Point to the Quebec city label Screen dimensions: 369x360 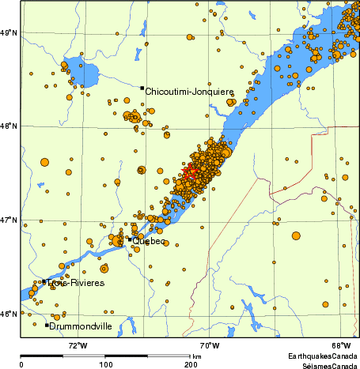tap(150, 241)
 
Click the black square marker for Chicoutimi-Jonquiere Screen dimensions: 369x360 tap(142, 88)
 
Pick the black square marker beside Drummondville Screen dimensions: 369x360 tap(47, 325)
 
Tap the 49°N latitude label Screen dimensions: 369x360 tap(9, 32)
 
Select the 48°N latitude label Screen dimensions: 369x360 tap(9, 125)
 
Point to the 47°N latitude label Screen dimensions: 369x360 tap(9, 220)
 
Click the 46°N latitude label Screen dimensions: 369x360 tap(9, 314)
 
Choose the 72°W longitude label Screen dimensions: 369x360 tap(78, 345)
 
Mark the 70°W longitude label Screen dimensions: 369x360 tap(209, 345)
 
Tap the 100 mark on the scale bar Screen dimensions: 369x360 tap(105, 364)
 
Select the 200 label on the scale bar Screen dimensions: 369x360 tap(191, 364)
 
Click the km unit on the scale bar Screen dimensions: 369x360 tap(196, 356)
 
